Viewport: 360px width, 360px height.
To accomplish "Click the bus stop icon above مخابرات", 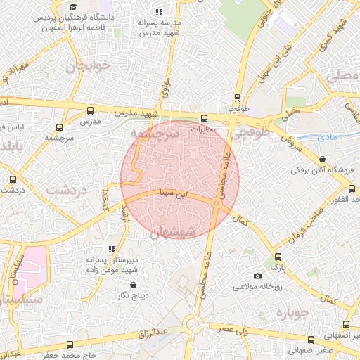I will click(205, 118).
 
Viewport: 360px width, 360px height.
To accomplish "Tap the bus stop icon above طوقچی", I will click(237, 98).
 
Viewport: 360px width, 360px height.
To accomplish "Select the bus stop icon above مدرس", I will click(89, 110).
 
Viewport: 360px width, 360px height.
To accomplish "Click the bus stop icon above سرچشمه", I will click(58, 127).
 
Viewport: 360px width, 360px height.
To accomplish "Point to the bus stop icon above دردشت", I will click(13, 179).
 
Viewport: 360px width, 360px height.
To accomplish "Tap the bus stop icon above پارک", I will click(278, 257).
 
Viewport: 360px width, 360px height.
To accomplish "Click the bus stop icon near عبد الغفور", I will click(352, 188).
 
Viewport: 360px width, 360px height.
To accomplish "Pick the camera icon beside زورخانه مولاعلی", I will click(257, 276).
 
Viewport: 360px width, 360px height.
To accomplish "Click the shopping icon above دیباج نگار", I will click(134, 285).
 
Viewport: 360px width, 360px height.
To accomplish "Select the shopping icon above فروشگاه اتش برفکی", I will click(322, 159).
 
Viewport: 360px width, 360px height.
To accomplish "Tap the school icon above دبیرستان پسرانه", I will click(112, 248).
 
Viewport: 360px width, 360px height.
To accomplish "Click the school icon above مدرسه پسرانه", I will click(159, 12).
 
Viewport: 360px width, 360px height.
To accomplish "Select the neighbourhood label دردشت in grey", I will click(65, 190).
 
